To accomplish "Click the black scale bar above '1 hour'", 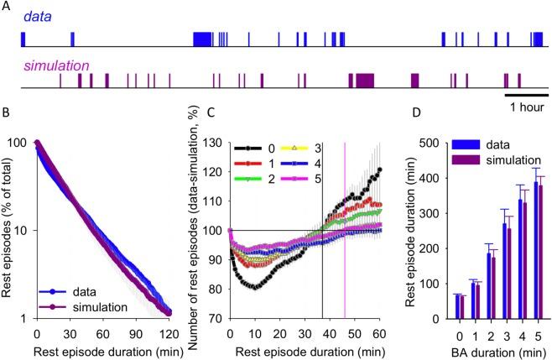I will [x=526, y=95].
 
